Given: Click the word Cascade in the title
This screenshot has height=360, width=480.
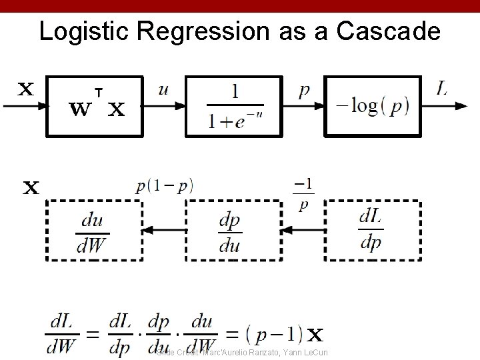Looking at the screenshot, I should tap(386, 31).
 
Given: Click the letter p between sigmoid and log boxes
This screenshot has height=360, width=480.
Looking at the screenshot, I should tap(303, 90).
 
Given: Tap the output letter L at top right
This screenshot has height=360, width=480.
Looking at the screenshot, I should tap(441, 87).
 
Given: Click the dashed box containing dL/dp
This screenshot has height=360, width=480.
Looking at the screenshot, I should tap(371, 230).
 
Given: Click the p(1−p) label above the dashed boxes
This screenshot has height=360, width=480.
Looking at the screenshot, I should tap(164, 187).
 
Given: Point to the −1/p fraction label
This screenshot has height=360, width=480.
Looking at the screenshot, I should tap(304, 193).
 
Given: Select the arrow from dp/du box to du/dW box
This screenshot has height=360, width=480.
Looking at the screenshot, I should tap(164, 230).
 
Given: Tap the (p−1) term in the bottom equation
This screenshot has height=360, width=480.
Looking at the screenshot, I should tap(281, 333).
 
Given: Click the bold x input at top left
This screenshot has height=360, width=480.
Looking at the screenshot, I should tap(25, 89).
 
